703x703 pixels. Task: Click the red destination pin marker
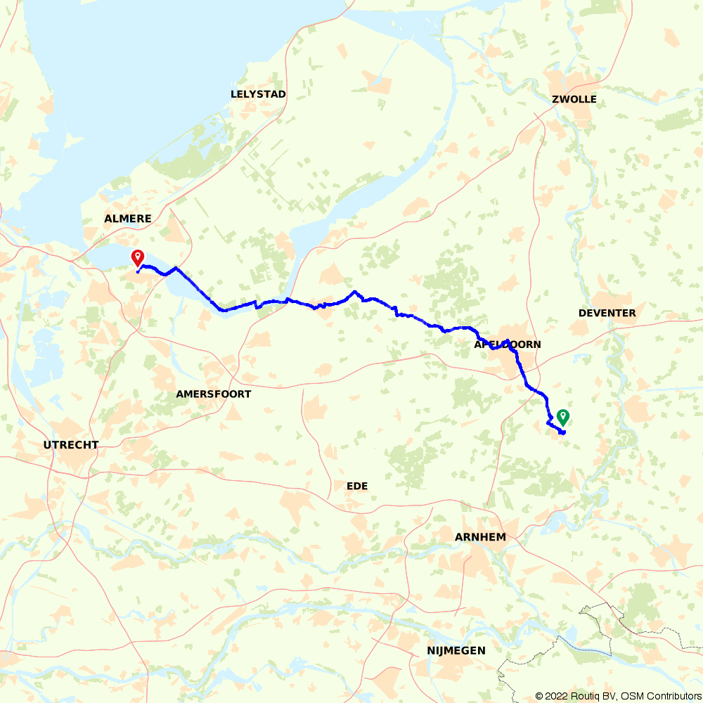(138, 258)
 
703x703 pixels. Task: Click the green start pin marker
(562, 417)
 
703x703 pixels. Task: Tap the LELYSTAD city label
(258, 94)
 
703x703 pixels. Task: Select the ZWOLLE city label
(574, 99)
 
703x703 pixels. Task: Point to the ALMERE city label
(127, 219)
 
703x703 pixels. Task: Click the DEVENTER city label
(607, 313)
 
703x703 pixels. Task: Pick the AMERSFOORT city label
(213, 394)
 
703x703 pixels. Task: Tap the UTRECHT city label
(71, 445)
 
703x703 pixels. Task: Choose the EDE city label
(357, 486)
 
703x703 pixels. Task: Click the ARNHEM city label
(480, 537)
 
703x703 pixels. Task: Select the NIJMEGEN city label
(456, 651)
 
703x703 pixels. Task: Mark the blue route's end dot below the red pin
(137, 272)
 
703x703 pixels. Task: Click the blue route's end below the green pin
(564, 433)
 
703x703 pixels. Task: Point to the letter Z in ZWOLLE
(555, 99)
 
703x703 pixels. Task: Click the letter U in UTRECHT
(47, 445)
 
